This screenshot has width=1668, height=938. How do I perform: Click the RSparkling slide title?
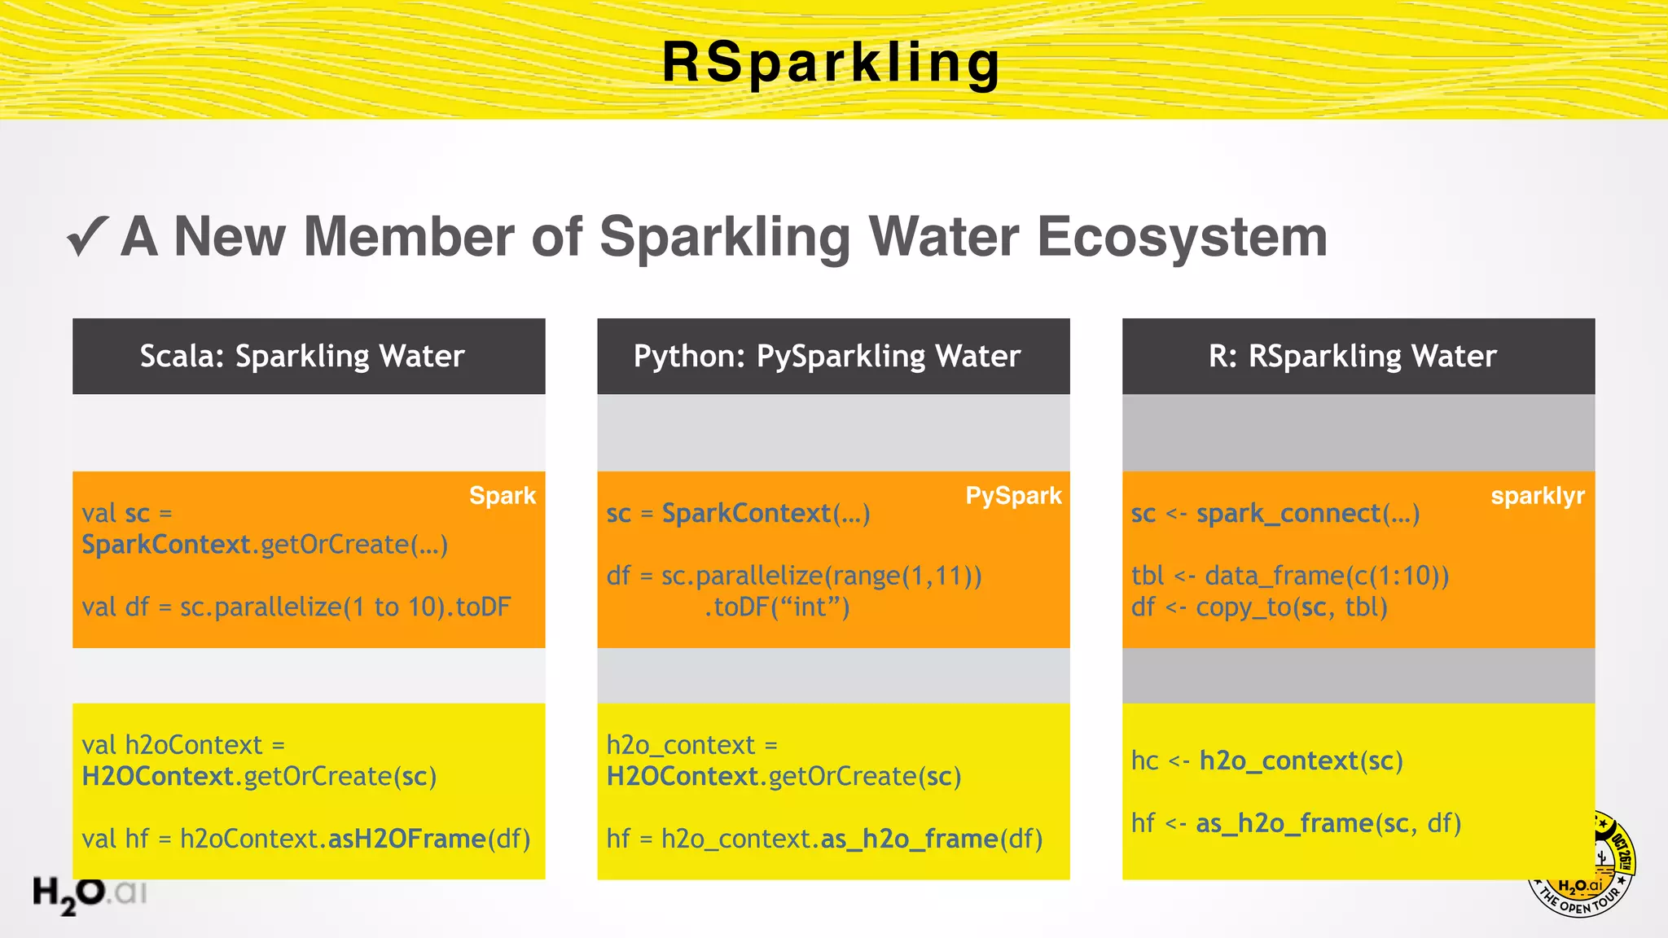[832, 63]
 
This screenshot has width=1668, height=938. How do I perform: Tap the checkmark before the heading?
[87, 237]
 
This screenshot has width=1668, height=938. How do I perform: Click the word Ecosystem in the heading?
[1181, 237]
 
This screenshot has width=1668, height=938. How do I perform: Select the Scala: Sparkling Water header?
[302, 357]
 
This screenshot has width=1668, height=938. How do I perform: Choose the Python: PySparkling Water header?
[827, 357]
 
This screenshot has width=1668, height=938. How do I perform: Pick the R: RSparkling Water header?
[1352, 357]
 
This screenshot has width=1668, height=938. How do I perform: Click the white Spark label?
[503, 496]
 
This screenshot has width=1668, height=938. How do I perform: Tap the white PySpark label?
[1013, 496]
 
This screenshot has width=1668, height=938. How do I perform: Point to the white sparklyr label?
[1538, 496]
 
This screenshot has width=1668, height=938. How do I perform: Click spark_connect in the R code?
[1288, 514]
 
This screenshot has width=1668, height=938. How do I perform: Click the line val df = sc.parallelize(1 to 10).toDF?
[296, 607]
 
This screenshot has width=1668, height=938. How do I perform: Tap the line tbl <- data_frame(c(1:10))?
[1290, 576]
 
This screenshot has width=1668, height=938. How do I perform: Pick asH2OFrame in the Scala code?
[407, 839]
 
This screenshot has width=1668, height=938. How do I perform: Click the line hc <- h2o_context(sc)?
[1266, 760]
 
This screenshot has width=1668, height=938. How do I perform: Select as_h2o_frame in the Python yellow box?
[910, 839]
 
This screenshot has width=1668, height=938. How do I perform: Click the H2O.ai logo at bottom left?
[89, 894]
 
